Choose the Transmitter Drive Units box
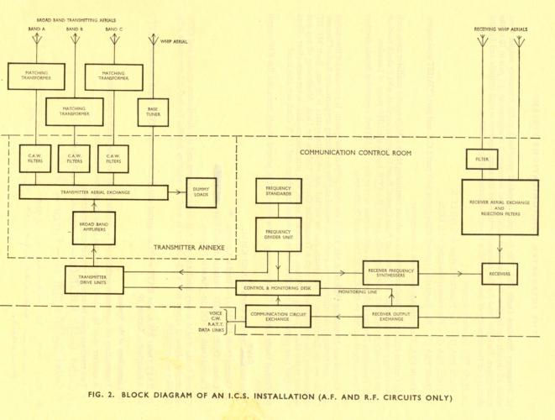click(x=94, y=281)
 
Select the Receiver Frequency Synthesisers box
click(x=390, y=273)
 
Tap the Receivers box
click(x=501, y=274)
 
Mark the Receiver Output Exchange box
click(x=390, y=317)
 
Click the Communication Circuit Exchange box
click(x=277, y=317)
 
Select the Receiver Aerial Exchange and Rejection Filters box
click(x=501, y=207)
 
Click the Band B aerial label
click(x=75, y=29)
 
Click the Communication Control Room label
click(x=346, y=152)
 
